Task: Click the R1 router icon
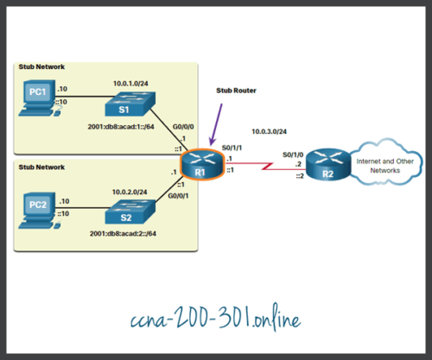(199, 161)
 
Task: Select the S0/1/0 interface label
(294, 155)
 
